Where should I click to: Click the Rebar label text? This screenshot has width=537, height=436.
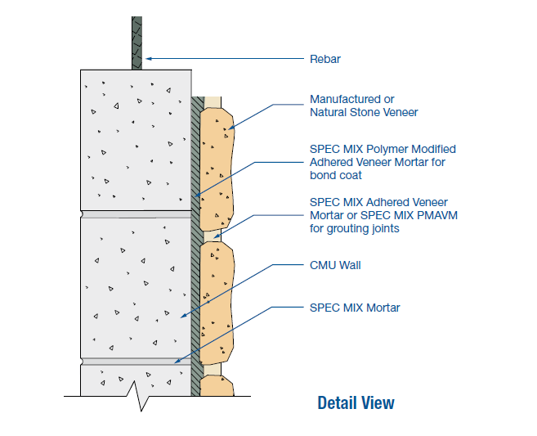click(x=325, y=59)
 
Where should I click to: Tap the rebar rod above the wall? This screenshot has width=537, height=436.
click(x=136, y=41)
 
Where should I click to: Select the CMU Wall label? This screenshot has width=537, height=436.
click(x=335, y=265)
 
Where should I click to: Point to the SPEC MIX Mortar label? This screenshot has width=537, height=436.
click(x=355, y=308)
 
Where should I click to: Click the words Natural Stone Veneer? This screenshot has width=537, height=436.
click(x=365, y=112)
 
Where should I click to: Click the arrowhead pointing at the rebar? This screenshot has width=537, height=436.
click(x=148, y=59)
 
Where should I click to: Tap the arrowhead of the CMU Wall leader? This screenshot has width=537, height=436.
click(x=183, y=315)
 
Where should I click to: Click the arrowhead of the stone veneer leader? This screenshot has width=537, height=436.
click(x=230, y=128)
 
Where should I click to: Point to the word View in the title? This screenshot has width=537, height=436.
click(x=378, y=402)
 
